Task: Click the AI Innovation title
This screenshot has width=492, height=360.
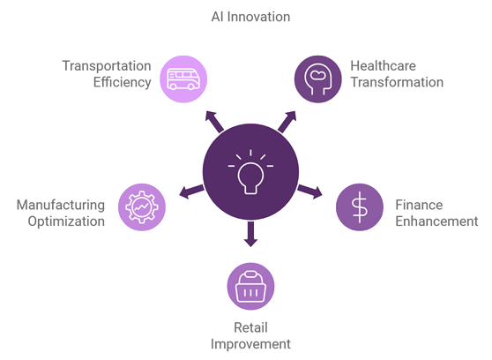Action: (x=250, y=17)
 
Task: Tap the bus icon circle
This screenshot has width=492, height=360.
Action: (x=183, y=79)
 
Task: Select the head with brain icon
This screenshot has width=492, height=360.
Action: (x=317, y=79)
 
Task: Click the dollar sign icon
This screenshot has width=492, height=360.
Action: (x=360, y=207)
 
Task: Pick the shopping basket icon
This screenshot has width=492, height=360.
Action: (x=250, y=287)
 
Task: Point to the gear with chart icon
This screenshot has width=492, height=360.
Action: (x=142, y=207)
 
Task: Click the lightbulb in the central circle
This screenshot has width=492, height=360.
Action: (x=250, y=172)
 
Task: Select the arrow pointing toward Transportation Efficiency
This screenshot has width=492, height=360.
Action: (x=214, y=122)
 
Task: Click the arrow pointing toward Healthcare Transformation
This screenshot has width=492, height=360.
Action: (x=287, y=122)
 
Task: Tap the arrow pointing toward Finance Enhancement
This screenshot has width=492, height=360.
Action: (x=310, y=191)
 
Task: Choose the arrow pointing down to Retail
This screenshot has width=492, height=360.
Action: (x=250, y=234)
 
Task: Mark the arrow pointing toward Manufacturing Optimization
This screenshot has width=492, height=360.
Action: (x=191, y=191)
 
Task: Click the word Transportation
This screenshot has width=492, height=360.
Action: (x=107, y=66)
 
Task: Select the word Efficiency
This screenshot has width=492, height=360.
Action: (x=123, y=82)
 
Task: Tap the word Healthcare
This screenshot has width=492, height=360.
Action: (x=384, y=66)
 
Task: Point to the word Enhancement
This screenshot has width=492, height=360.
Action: (x=436, y=221)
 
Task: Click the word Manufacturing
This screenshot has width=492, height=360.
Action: (x=61, y=205)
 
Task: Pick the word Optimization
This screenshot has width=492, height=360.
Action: (x=66, y=221)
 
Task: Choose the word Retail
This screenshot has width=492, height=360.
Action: (x=250, y=327)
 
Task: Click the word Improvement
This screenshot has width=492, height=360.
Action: (x=250, y=344)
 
